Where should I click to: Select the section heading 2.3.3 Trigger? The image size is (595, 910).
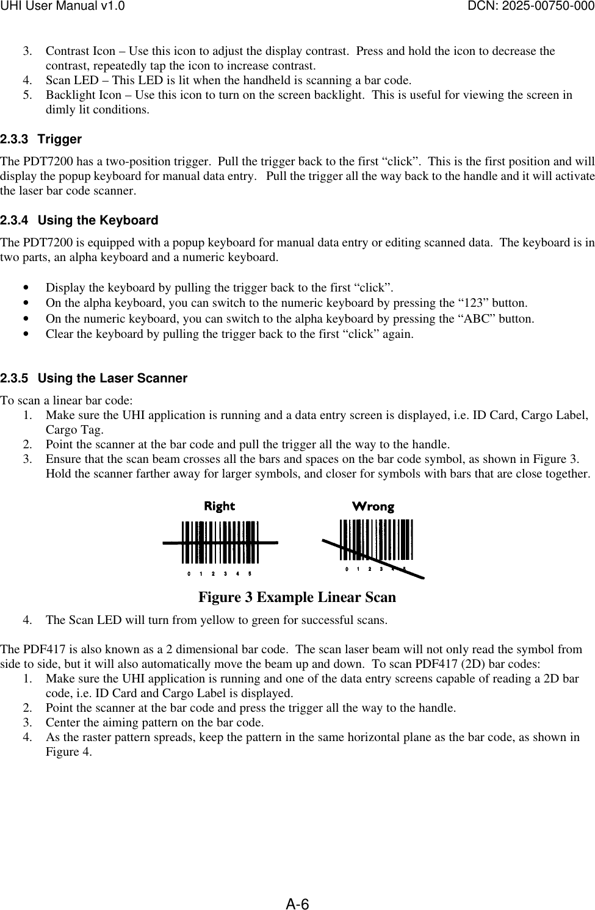coord(41,139)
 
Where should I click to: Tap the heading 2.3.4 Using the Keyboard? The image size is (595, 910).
coord(79,220)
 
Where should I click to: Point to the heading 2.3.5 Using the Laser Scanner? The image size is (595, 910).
coord(94,378)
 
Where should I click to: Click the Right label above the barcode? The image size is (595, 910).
coord(219,506)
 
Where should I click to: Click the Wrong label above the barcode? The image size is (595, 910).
coord(374,506)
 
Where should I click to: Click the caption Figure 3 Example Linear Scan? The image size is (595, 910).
coord(297,597)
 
